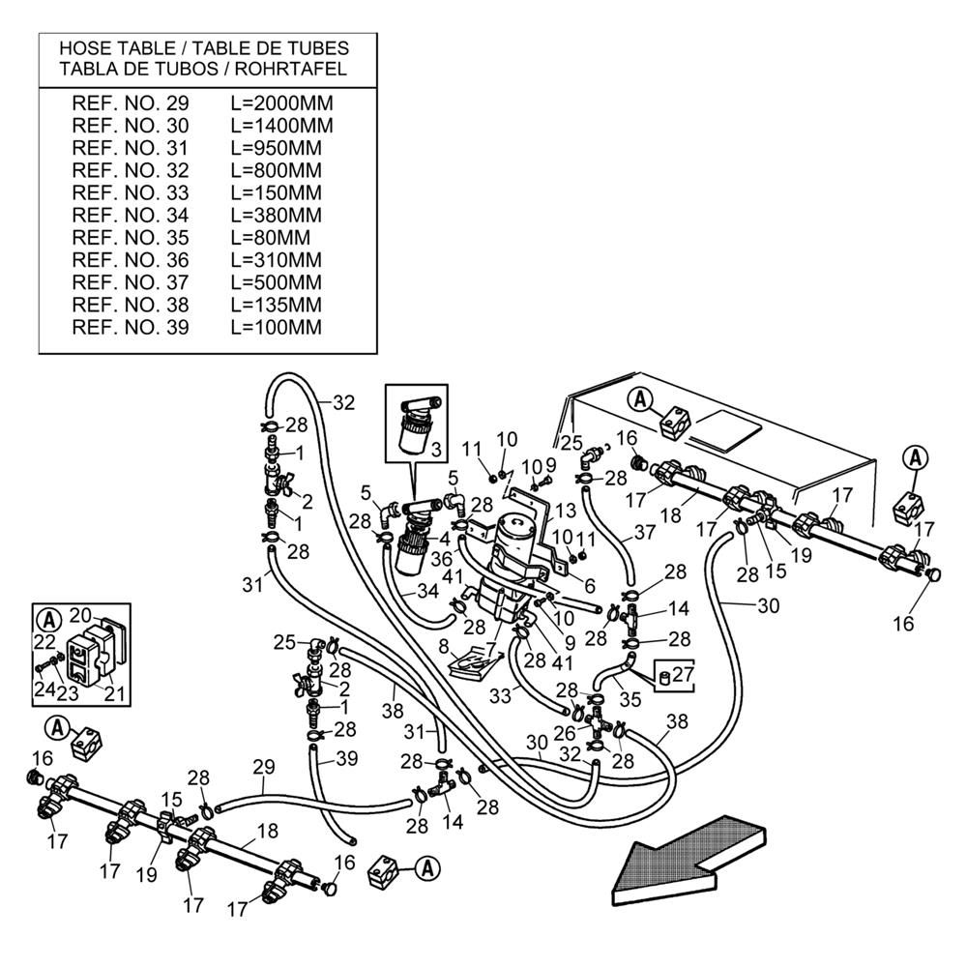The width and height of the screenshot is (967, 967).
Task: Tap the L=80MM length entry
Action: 270,238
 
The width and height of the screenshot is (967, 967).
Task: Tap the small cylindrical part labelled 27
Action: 663,676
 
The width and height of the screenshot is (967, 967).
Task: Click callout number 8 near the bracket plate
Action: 444,646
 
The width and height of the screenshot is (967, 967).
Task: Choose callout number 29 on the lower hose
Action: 264,766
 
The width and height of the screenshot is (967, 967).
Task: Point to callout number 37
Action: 645,533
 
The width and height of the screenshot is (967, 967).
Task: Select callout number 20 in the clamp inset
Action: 79,615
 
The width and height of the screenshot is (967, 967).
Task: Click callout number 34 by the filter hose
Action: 427,591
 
